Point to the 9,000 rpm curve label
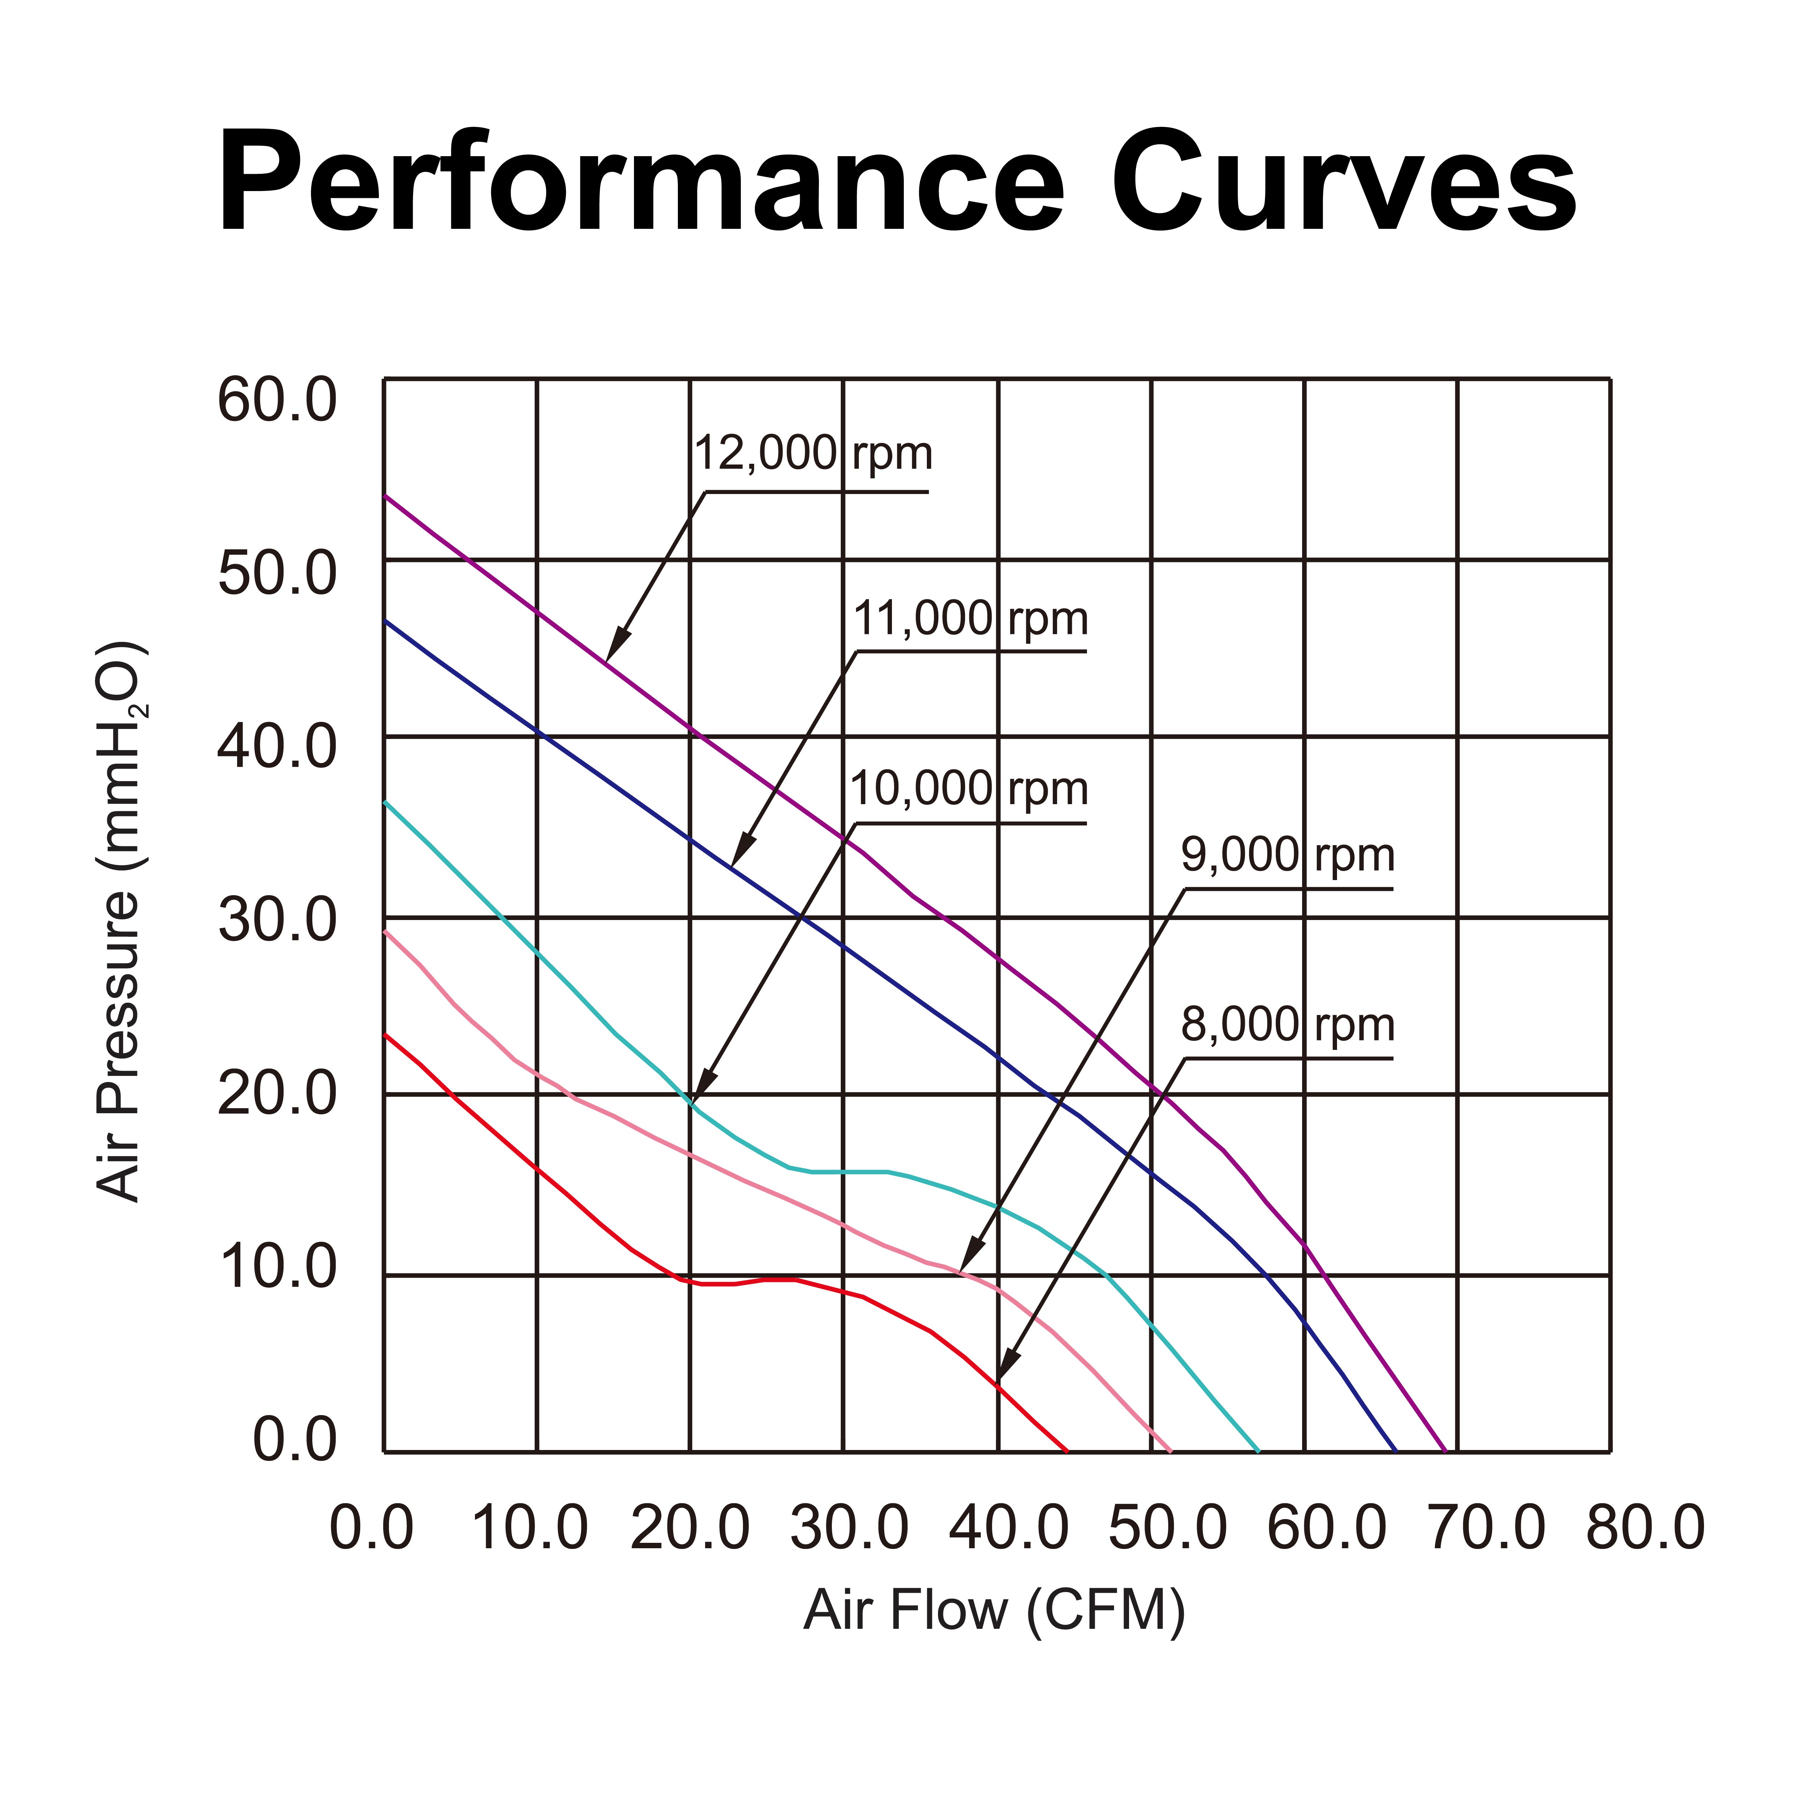1288,855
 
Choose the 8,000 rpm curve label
1288,1025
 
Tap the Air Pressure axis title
119,922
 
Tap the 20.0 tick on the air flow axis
690,1528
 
